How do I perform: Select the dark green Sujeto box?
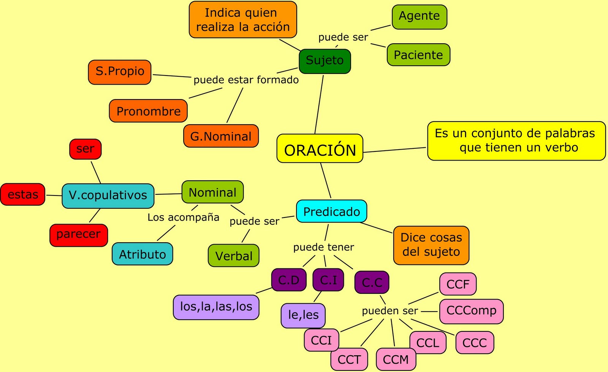(x=325, y=61)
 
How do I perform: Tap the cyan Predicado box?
(x=331, y=211)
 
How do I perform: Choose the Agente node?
(x=419, y=17)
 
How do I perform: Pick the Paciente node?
(x=418, y=55)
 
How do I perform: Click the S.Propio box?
(x=120, y=72)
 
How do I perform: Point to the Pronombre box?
(x=148, y=111)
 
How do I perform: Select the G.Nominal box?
(x=221, y=136)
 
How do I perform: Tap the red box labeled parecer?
(x=79, y=235)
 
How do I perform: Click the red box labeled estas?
(x=23, y=194)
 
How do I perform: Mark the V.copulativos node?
(x=108, y=195)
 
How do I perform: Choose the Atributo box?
(x=142, y=254)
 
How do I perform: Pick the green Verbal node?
(x=234, y=255)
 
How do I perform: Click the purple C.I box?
(x=328, y=280)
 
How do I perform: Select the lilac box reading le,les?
(x=303, y=315)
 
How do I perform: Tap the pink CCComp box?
(x=471, y=311)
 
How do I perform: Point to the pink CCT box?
(x=349, y=359)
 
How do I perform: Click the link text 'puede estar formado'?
(x=246, y=80)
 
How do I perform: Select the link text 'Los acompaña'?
(x=184, y=217)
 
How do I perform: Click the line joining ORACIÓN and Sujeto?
(x=319, y=104)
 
